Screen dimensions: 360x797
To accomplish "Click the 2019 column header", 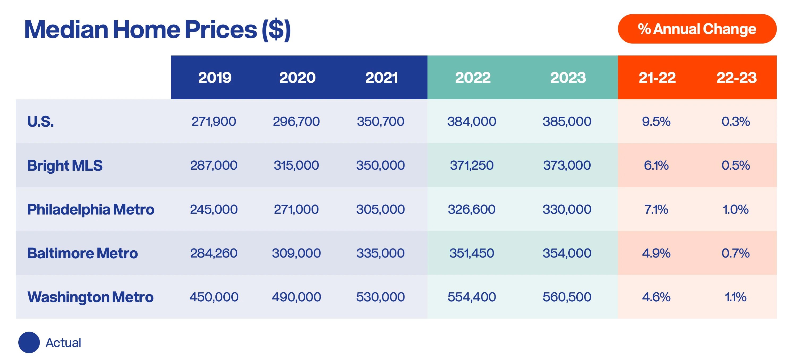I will pyautogui.click(x=214, y=77).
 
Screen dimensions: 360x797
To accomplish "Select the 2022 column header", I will pyautogui.click(x=472, y=77).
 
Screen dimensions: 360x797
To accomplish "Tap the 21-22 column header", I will pyautogui.click(x=657, y=77).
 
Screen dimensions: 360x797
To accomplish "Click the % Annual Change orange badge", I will pyautogui.click(x=697, y=29).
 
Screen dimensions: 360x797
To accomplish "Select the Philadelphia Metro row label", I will pyautogui.click(x=90, y=209).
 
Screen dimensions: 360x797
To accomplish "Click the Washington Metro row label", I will pyautogui.click(x=90, y=297).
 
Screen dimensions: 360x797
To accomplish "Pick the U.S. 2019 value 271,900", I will pyautogui.click(x=214, y=121).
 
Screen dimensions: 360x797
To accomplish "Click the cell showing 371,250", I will pyautogui.click(x=471, y=165).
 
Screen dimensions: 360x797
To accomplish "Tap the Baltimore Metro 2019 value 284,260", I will pyautogui.click(x=214, y=253).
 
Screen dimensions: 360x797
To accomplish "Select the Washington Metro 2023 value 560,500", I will pyautogui.click(x=567, y=297).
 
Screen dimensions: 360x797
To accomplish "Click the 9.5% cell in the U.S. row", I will pyautogui.click(x=656, y=121).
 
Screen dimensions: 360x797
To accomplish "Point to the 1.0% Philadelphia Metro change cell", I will pyautogui.click(x=735, y=209).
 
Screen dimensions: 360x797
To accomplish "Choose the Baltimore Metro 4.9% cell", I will pyautogui.click(x=656, y=253).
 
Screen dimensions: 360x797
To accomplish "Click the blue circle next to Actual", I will pyautogui.click(x=29, y=342).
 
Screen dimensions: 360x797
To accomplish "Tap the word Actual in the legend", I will pyautogui.click(x=63, y=343).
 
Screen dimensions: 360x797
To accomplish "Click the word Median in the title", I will pyautogui.click(x=66, y=30).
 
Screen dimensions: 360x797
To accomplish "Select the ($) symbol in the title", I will pyautogui.click(x=276, y=30).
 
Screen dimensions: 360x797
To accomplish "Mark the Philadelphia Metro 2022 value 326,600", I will pyautogui.click(x=471, y=209).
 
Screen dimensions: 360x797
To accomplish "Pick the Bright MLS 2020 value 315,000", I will pyautogui.click(x=296, y=165).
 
